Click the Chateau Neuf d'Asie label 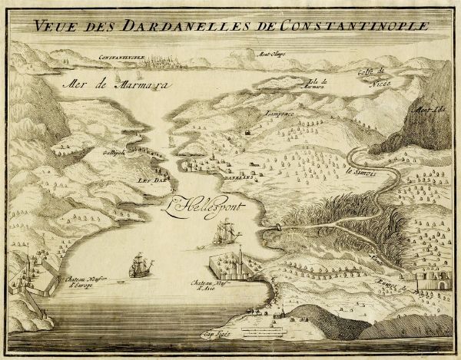[207, 286]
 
